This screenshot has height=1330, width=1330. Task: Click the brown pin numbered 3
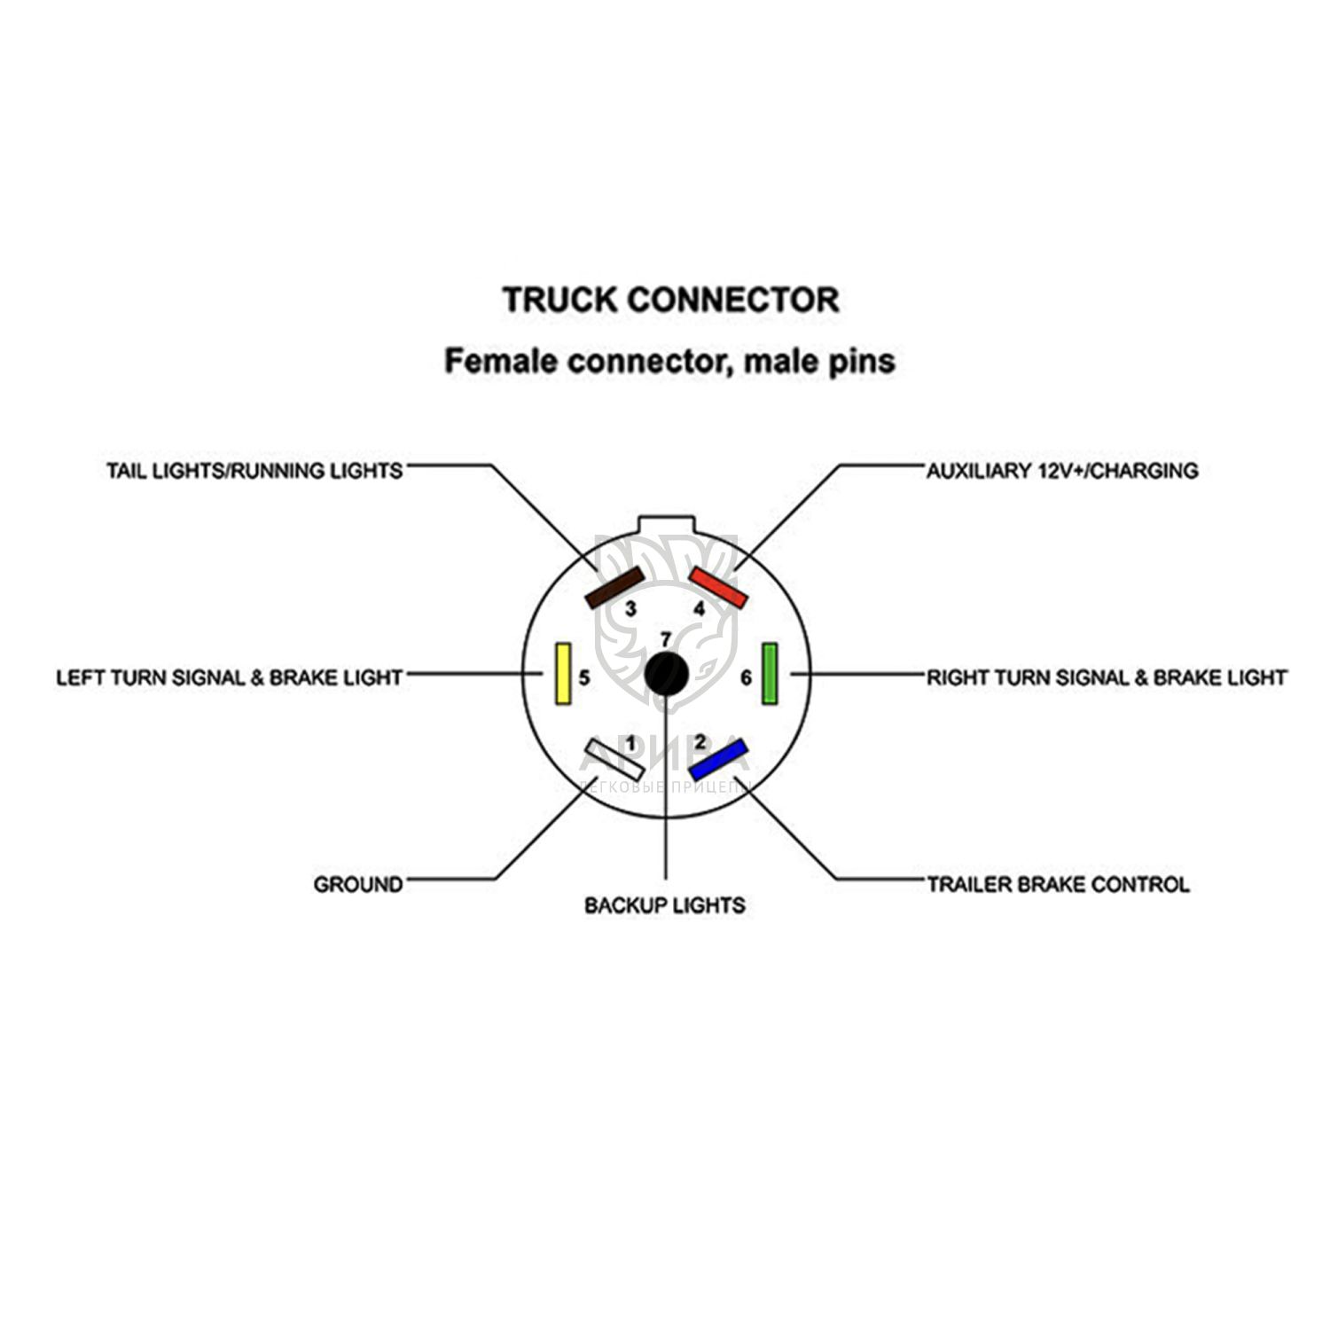click(614, 588)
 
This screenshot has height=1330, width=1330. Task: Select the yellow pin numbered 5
click(562, 674)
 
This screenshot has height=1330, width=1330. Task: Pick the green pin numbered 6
click(770, 674)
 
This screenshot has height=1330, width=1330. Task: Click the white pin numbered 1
click(612, 759)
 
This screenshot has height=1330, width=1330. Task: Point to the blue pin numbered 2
click(718, 759)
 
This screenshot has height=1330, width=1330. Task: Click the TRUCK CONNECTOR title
click(670, 300)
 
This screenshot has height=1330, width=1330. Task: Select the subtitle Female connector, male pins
click(669, 361)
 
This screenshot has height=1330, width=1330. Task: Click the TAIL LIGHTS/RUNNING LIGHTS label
click(254, 470)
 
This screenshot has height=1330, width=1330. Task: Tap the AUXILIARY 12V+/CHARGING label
click(1061, 470)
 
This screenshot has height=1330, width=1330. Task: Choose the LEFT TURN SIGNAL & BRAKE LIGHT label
click(230, 677)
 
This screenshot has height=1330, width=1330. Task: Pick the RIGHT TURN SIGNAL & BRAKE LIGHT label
click(1106, 677)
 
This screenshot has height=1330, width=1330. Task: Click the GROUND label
click(358, 884)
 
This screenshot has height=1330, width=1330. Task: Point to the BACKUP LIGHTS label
click(665, 905)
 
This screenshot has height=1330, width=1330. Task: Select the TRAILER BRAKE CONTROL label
click(1058, 884)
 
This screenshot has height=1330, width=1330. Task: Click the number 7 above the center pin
click(666, 638)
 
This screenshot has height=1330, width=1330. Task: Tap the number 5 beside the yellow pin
click(584, 678)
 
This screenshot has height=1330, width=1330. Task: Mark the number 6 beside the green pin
click(747, 678)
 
